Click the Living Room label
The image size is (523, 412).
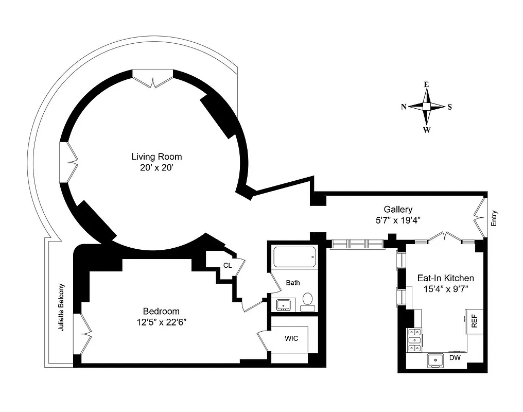(156, 157)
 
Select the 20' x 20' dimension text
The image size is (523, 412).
(156, 167)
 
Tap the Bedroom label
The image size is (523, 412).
(161, 311)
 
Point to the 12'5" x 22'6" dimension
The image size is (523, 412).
(161, 322)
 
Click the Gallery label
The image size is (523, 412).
(398, 209)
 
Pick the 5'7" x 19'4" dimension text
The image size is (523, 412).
(398, 220)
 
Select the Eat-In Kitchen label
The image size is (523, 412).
(445, 278)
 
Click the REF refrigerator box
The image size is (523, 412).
(474, 321)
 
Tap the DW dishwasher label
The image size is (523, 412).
(455, 357)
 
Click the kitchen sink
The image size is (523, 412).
(435, 360)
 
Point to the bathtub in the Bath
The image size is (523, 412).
(293, 257)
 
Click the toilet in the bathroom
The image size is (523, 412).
(308, 300)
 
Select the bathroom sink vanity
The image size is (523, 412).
(284, 305)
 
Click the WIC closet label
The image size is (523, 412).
(291, 338)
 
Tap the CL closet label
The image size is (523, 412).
(227, 266)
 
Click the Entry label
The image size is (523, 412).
(495, 220)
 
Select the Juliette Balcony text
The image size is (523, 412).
(62, 307)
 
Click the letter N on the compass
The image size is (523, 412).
(404, 107)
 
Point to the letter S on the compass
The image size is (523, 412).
(449, 107)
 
